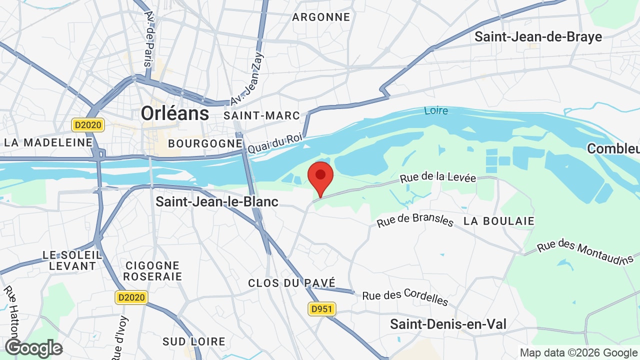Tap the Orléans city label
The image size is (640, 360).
[x=175, y=113]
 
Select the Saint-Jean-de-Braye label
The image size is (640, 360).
[x=538, y=36]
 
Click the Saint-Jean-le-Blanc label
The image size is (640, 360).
[x=217, y=201]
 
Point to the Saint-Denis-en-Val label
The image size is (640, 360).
[x=448, y=324]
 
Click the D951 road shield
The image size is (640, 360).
[x=321, y=309]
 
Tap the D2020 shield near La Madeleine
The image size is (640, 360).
[x=88, y=125]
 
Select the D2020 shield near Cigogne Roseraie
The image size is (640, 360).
[x=131, y=297]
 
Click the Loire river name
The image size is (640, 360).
[x=436, y=110]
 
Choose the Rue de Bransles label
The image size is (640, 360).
[x=415, y=220]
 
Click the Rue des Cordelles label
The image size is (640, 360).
[x=405, y=297]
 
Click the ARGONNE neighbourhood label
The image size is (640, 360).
[x=321, y=17]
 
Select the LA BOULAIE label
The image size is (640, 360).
[x=499, y=221]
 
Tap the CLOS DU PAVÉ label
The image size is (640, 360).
[x=292, y=283]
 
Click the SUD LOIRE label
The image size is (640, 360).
[x=194, y=342]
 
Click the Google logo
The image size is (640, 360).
[x=33, y=348]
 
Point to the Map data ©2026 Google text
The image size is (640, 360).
[x=579, y=353]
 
